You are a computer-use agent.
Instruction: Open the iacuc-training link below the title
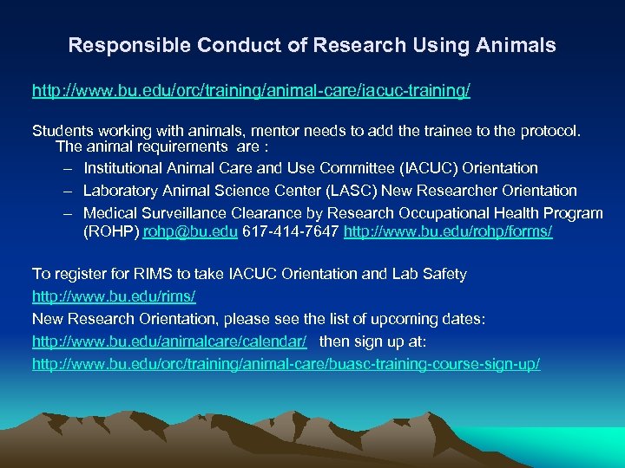252,90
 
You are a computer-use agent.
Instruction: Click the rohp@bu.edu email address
190,232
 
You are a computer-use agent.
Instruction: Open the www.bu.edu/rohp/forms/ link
448,232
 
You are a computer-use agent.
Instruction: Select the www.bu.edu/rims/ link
114,296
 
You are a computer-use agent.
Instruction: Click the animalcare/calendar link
170,341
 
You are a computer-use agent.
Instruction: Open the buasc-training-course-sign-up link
286,364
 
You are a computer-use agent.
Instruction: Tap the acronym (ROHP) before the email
111,232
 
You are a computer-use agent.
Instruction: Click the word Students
62,130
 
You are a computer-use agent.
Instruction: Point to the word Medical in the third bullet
110,213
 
